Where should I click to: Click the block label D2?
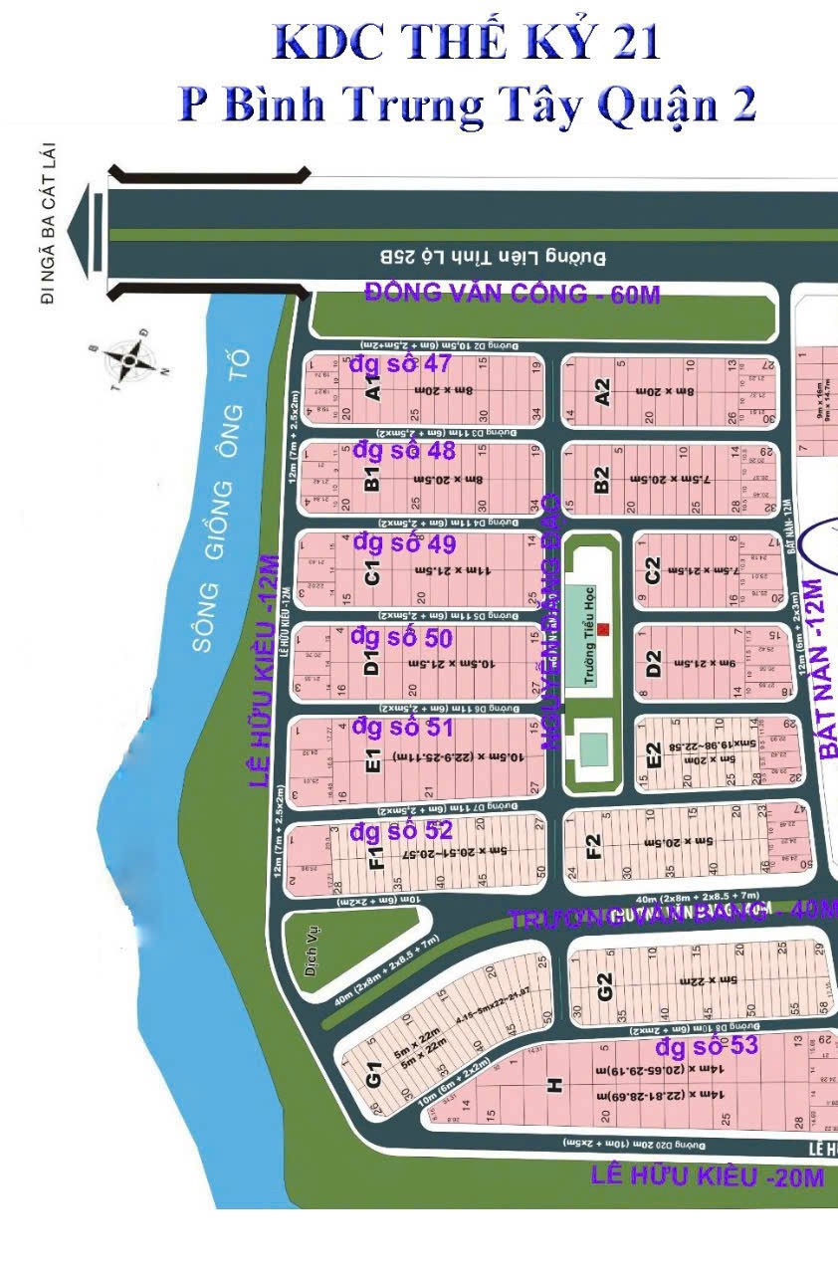[x=654, y=663]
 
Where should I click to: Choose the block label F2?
[x=594, y=846]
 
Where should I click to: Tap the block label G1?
[x=374, y=1076]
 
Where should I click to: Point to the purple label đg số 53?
[x=707, y=1046]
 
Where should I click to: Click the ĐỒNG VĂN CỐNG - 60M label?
[x=512, y=294]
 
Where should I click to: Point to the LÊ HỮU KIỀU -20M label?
[x=707, y=1176]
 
